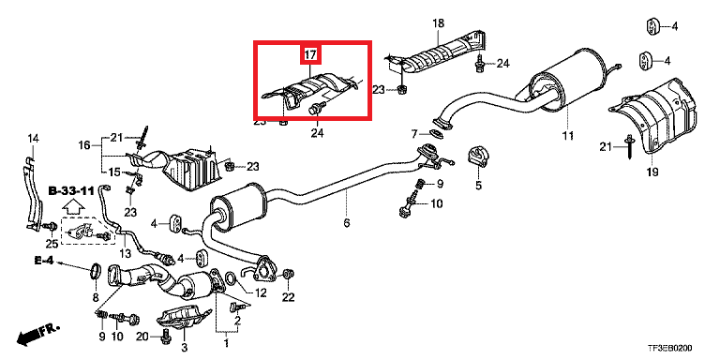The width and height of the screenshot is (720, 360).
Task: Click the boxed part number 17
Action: coord(310,55)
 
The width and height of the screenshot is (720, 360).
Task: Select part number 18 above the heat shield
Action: coord(439,22)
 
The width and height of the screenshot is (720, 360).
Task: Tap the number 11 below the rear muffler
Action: coord(568,135)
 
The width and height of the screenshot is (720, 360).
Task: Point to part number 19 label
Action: coord(652,172)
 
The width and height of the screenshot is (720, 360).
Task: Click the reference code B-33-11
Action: coord(71,191)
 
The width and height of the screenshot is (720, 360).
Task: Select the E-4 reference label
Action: coord(44,261)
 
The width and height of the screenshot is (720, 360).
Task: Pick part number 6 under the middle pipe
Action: coord(347,223)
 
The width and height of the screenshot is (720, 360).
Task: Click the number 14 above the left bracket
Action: coord(34,138)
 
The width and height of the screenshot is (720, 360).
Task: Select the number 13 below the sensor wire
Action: coord(125,253)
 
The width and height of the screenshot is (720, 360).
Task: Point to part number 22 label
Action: coord(288,297)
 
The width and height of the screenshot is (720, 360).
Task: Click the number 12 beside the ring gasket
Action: coord(260,292)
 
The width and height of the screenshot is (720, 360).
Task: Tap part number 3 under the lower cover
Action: coord(185,346)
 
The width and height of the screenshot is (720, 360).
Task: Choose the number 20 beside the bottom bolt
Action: coord(142,337)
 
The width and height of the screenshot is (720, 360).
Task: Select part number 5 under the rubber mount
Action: coord(478,186)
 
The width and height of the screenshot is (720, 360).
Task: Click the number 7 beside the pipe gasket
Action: coord(414,134)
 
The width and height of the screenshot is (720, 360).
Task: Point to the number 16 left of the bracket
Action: coord(84,145)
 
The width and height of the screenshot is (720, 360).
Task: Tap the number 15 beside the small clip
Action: coord(114,172)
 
